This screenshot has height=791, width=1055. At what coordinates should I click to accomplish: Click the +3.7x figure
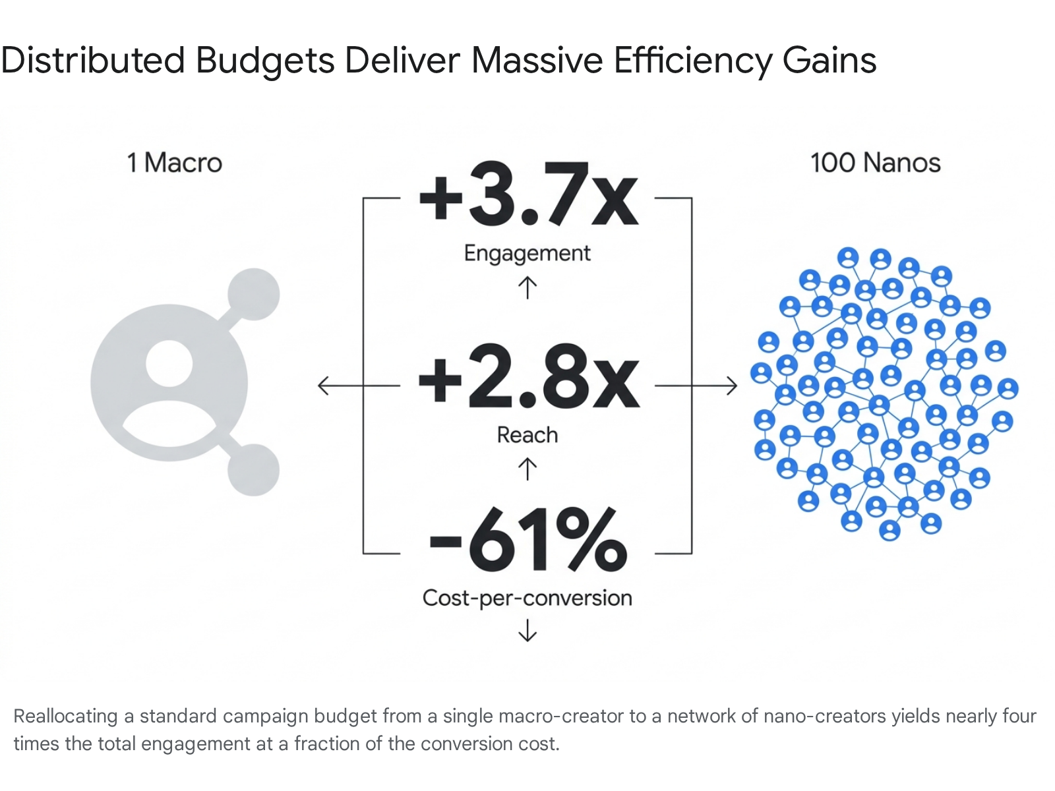point(529,194)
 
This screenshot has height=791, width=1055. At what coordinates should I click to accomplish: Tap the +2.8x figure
point(529,376)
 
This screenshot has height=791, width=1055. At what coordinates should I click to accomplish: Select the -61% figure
point(527,540)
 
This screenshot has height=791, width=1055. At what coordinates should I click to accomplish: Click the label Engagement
point(527,254)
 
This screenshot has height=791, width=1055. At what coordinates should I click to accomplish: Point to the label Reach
point(527,435)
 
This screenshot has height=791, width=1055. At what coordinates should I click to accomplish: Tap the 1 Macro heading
point(175,163)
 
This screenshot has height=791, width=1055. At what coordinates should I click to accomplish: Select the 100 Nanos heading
point(875,163)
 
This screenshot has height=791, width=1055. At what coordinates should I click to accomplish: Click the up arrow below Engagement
point(527,287)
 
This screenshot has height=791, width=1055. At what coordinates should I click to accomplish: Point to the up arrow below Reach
point(527,469)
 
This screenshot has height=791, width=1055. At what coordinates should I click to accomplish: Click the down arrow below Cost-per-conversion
point(527,630)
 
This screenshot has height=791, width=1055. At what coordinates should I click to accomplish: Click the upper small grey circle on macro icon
point(253,294)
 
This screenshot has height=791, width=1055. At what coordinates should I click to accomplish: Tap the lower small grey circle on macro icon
point(253,470)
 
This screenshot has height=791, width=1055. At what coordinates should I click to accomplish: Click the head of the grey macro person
point(169,363)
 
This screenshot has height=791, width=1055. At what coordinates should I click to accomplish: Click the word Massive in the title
point(537,61)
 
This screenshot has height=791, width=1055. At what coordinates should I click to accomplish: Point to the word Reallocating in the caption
point(65,717)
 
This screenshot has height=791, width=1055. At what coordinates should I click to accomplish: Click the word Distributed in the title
point(93,61)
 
